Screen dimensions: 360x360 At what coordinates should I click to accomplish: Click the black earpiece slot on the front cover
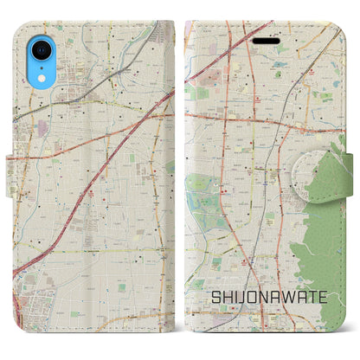(265, 40)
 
